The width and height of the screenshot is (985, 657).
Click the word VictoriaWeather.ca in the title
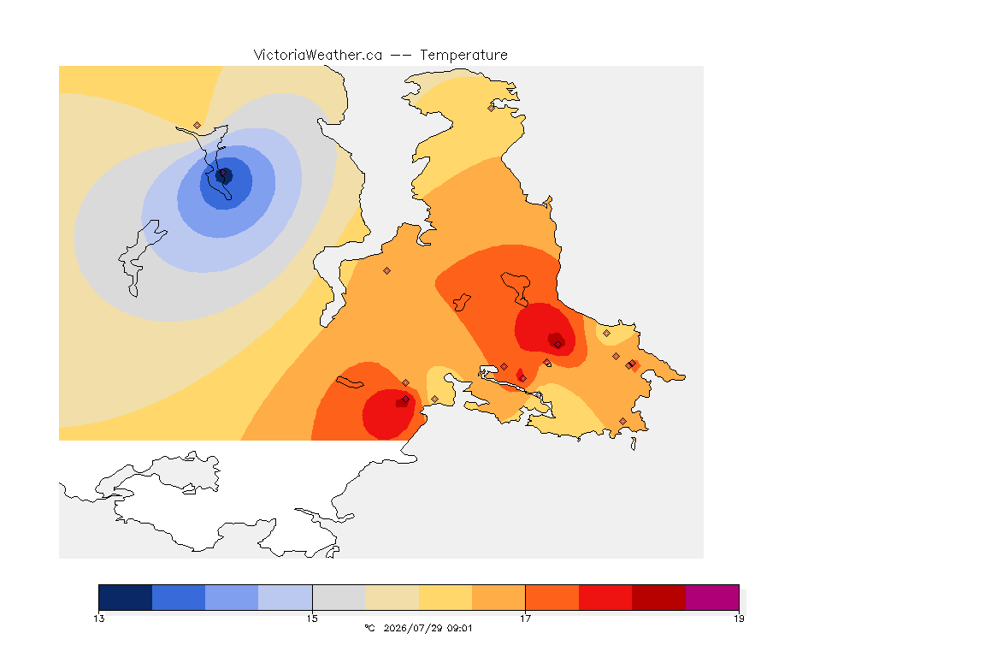coord(318,55)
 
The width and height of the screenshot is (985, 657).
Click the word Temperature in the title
coord(463,55)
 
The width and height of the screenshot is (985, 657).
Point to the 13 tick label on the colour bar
coord(99,619)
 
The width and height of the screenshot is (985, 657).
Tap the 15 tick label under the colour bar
coord(312,619)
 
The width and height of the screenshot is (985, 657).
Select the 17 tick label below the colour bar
coord(525,619)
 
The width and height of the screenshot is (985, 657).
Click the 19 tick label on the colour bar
coord(739,619)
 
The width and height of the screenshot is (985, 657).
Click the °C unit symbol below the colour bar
coord(370,628)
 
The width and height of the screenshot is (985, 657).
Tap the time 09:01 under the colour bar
coord(460,628)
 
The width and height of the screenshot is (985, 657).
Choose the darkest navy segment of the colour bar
coord(126,597)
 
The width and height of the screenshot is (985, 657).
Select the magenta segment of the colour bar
coord(711,597)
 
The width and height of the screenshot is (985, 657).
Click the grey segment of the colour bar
coord(339,597)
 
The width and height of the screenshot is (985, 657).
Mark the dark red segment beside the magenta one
coord(658,597)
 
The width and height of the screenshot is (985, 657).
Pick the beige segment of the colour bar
coord(392,597)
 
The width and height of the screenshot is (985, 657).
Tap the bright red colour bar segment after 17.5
coord(605,597)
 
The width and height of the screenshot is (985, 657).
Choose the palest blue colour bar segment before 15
coord(286,597)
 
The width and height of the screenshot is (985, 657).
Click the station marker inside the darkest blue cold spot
coord(222,172)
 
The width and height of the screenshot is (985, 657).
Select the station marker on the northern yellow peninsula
coord(492,108)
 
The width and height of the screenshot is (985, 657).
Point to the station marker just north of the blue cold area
coord(198,126)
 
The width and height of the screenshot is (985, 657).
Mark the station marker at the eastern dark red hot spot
coord(557,345)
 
